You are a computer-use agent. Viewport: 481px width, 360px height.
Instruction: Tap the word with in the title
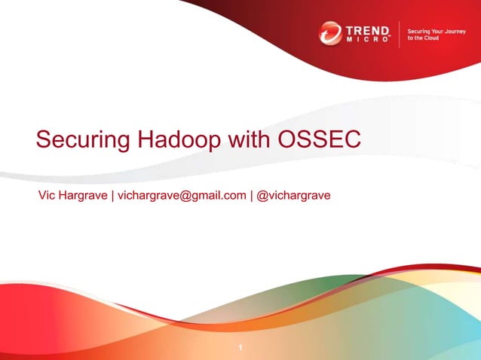click(247, 141)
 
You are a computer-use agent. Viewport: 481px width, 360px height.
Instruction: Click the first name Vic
click(46, 196)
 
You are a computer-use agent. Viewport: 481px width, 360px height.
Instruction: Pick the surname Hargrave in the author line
click(84, 196)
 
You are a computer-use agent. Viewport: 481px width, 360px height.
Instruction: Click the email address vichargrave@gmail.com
click(181, 196)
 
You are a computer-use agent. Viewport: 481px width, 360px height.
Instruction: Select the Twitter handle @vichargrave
click(294, 196)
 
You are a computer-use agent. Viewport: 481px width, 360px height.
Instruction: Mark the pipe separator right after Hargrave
click(112, 196)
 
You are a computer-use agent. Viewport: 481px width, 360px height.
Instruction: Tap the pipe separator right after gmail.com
click(251, 196)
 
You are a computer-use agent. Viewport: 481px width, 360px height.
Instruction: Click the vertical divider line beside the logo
click(399, 35)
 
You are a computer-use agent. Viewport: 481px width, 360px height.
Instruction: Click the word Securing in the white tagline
click(418, 31)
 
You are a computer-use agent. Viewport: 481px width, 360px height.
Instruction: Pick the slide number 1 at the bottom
click(240, 347)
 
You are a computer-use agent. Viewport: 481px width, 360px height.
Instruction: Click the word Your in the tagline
click(436, 31)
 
